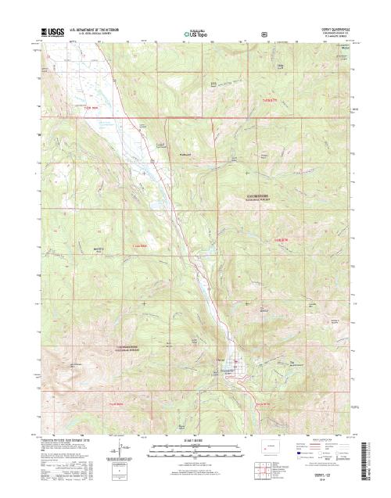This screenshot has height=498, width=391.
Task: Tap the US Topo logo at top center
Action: click(195, 34)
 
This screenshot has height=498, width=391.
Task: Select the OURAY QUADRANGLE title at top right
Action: click(329, 30)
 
